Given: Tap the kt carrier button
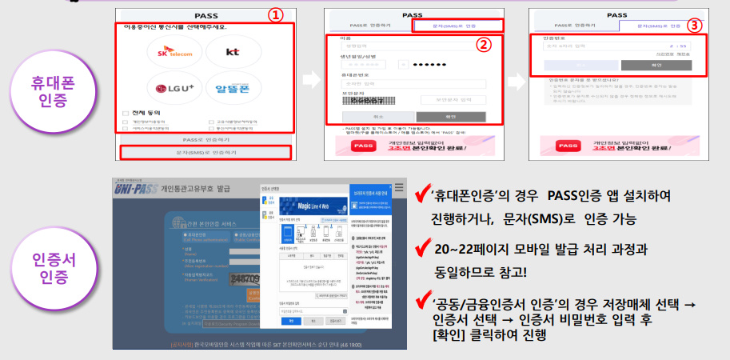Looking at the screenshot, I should click(x=233, y=51).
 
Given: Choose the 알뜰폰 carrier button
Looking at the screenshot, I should click(x=233, y=86).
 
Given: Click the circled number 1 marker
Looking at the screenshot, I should click(x=276, y=16).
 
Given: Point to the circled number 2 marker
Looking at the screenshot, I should click(x=482, y=45).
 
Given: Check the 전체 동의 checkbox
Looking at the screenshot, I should click(x=126, y=113).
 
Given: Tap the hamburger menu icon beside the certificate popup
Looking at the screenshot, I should click(x=399, y=189).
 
